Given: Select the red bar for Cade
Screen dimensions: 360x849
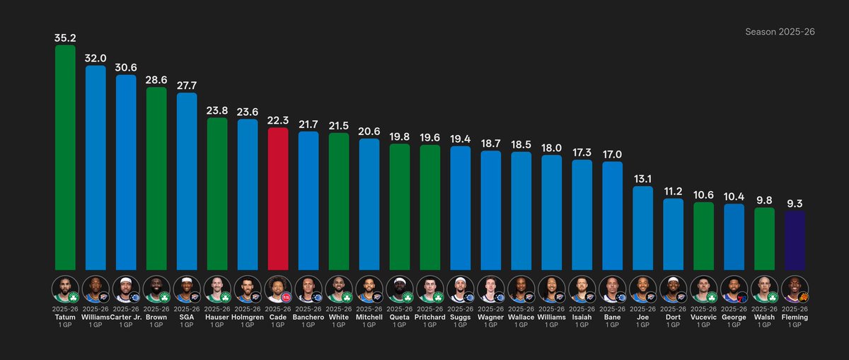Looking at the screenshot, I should [278, 198].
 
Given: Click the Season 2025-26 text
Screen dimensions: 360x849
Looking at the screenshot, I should [780, 33].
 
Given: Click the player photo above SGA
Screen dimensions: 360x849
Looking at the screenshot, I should [187, 289].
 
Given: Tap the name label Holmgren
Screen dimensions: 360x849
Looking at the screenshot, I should [248, 318].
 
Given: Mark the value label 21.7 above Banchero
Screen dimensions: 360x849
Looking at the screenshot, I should [308, 124].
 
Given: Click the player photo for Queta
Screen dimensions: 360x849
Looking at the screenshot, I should [400, 289].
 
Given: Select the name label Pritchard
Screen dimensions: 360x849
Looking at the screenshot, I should [430, 318].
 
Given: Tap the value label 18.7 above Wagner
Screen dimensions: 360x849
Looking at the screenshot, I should [491, 144].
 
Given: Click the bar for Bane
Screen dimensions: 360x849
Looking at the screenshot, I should [613, 215].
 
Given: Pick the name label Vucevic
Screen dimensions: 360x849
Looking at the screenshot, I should [704, 318].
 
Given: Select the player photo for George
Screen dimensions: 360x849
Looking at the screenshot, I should [734, 289].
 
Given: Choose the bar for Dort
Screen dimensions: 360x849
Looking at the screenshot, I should [674, 234].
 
